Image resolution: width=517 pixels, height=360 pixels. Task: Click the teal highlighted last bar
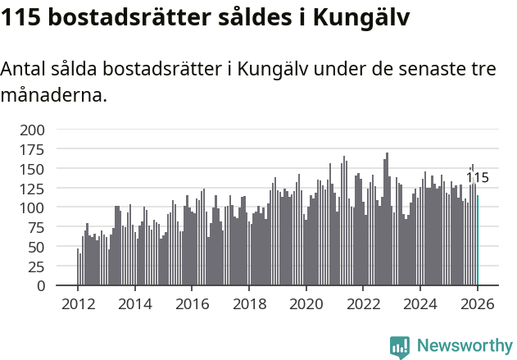pyautogui.click(x=478, y=239)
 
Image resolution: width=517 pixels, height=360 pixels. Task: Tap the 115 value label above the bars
pyautogui.click(x=477, y=178)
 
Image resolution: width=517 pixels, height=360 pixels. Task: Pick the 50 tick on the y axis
pyautogui.click(x=38, y=247)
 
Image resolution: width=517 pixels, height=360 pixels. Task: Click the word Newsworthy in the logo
pyautogui.click(x=464, y=346)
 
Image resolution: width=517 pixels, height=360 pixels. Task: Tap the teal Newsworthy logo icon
pyautogui.click(x=400, y=347)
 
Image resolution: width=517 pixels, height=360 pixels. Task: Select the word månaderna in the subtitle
pyautogui.click(x=53, y=95)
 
